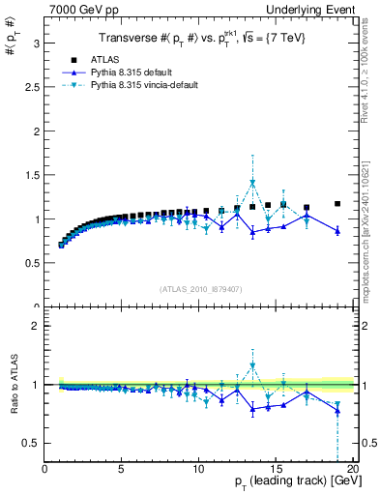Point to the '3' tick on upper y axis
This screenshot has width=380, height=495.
(36, 44)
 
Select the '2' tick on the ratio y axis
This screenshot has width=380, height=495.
(36, 326)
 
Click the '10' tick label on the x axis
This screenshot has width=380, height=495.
(198, 470)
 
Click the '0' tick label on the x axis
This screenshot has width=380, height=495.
(45, 470)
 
